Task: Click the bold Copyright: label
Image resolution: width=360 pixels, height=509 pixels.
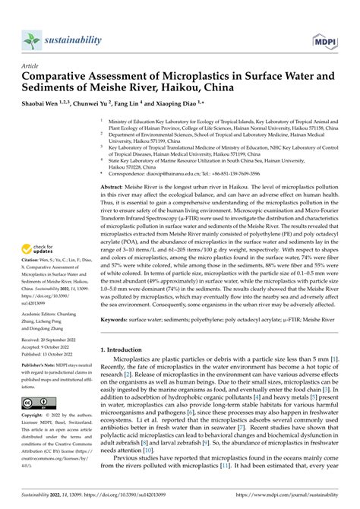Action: point(34,417)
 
